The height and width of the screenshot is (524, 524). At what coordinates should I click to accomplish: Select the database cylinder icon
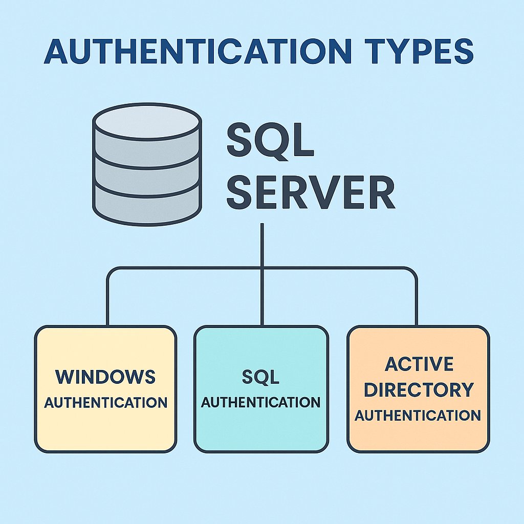(147, 164)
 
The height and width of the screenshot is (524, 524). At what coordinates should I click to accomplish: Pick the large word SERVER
(311, 193)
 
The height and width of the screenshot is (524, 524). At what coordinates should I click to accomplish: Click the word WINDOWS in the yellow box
(105, 377)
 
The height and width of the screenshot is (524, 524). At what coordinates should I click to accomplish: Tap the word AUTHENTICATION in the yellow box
(105, 402)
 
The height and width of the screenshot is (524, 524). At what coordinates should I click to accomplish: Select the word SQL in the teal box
(260, 377)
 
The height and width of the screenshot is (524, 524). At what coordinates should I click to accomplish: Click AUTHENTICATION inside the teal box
(260, 402)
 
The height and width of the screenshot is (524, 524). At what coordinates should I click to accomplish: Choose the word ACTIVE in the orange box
(419, 364)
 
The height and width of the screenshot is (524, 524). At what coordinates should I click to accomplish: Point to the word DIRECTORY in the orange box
(419, 389)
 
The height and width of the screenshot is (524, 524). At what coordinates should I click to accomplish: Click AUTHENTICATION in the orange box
(418, 415)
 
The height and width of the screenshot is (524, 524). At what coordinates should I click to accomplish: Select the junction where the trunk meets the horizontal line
(262, 268)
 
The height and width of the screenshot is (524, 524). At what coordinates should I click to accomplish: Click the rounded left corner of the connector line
(111, 271)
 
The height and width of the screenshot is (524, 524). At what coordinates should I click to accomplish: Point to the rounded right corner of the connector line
(412, 271)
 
